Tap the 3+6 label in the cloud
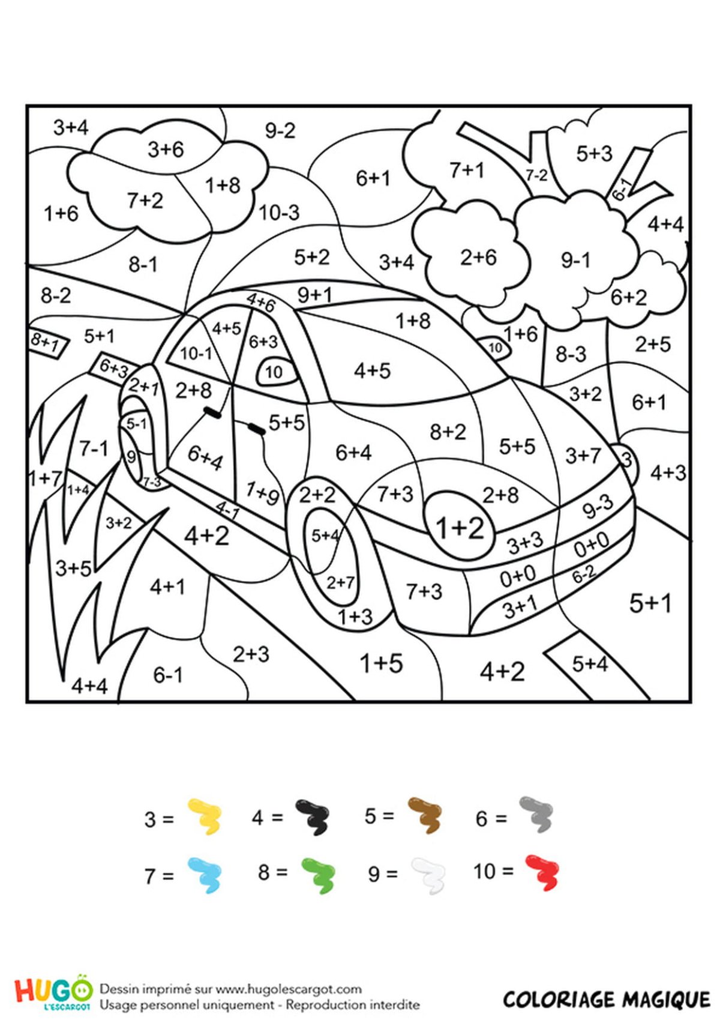166,149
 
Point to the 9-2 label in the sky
280,131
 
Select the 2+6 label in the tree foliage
478,258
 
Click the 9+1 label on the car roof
314,295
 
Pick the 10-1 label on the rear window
196,353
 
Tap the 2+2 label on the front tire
317,495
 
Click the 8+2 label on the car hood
448,431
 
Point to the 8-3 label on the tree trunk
571,354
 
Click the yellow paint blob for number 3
205,816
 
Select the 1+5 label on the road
382,663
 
